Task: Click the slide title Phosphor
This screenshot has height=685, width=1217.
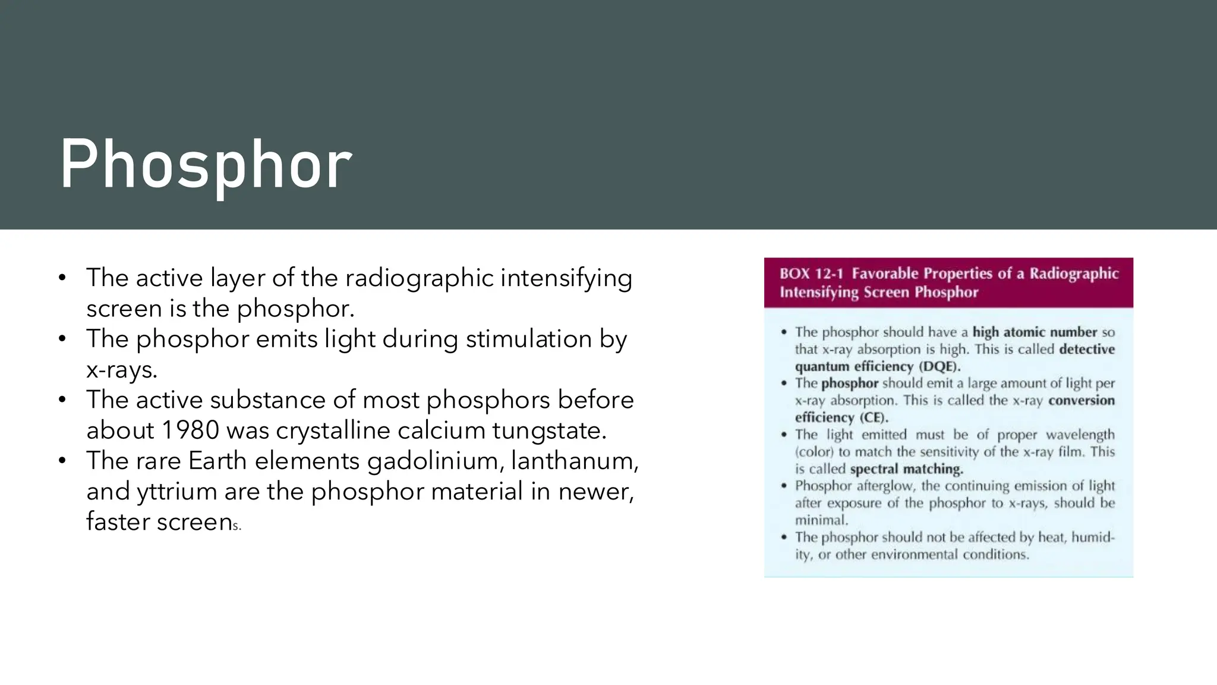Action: tap(206, 165)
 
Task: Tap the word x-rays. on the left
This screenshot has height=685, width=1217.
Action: tap(122, 370)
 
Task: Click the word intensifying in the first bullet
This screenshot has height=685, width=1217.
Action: tap(566, 278)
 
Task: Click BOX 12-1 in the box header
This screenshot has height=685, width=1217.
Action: tap(811, 274)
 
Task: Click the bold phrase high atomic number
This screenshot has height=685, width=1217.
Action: tap(1034, 332)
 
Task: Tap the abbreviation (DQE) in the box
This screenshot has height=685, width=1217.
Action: tap(939, 367)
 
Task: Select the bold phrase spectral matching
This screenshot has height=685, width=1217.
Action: tap(906, 470)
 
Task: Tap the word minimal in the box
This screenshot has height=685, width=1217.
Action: tap(821, 520)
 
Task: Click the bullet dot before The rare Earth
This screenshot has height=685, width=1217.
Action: tap(62, 461)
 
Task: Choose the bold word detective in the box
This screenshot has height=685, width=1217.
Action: tap(1087, 350)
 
